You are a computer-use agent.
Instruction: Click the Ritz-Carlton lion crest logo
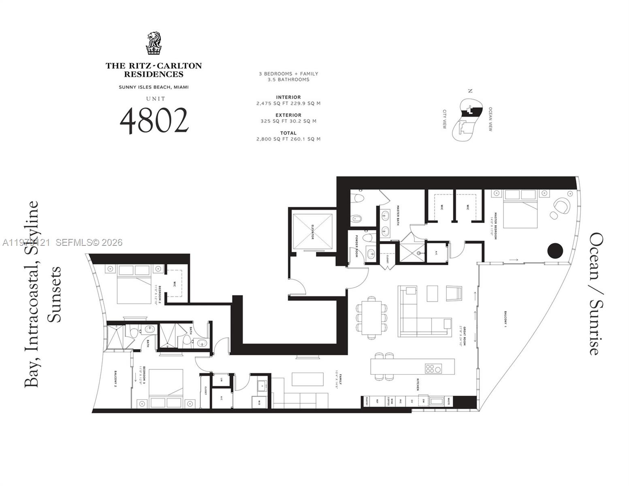[x=154, y=43]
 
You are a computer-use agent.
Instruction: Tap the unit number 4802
[x=154, y=121]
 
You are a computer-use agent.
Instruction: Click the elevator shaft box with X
[x=312, y=231]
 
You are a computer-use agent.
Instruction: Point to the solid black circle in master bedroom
[x=555, y=251]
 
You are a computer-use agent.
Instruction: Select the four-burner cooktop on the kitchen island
[x=433, y=369]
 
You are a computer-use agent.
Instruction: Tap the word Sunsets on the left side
[x=55, y=294]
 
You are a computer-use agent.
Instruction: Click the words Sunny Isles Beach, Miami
[x=154, y=87]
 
